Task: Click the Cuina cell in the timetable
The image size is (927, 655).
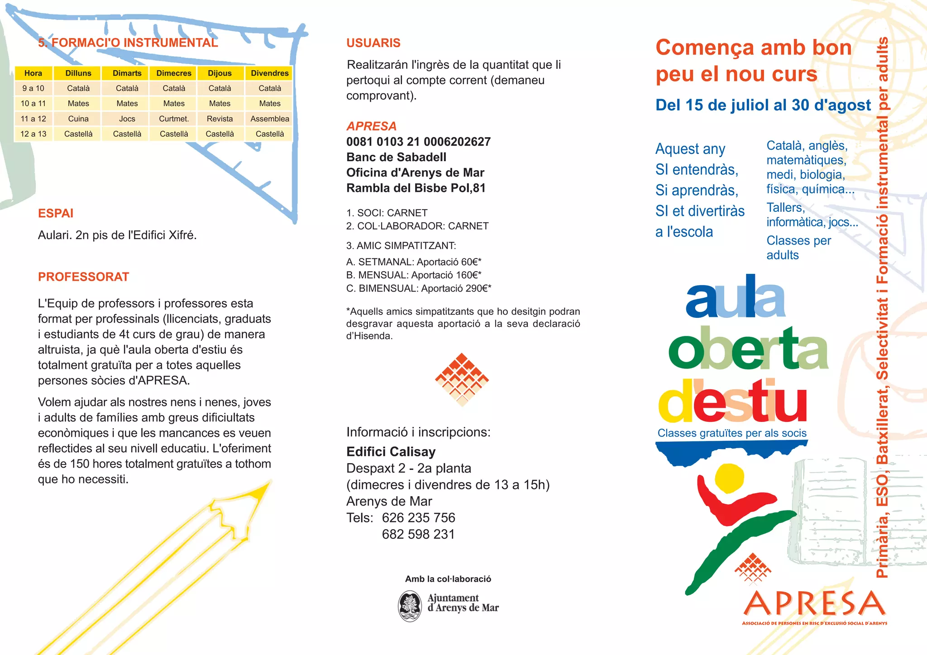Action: click(x=78, y=119)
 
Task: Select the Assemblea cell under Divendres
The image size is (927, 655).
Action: click(x=270, y=119)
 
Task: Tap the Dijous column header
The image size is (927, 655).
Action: click(x=220, y=73)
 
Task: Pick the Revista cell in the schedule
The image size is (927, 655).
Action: click(x=220, y=119)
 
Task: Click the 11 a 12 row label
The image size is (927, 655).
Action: click(x=33, y=119)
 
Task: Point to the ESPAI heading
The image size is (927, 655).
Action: click(x=56, y=213)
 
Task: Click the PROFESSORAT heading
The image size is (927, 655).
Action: click(x=84, y=277)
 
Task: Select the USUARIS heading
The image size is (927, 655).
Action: click(x=373, y=43)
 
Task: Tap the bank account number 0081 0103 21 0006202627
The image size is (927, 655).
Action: click(x=418, y=142)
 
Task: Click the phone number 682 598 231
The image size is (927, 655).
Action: click(x=418, y=534)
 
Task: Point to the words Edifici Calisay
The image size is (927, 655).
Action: click(x=391, y=452)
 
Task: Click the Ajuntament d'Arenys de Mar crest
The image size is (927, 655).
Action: click(x=410, y=606)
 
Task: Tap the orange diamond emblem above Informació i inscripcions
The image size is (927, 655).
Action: click(x=462, y=379)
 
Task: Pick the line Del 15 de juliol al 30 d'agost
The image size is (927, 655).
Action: click(x=763, y=105)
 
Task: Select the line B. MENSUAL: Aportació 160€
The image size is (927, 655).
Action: click(x=414, y=275)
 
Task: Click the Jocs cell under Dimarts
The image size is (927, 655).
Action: click(x=127, y=119)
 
